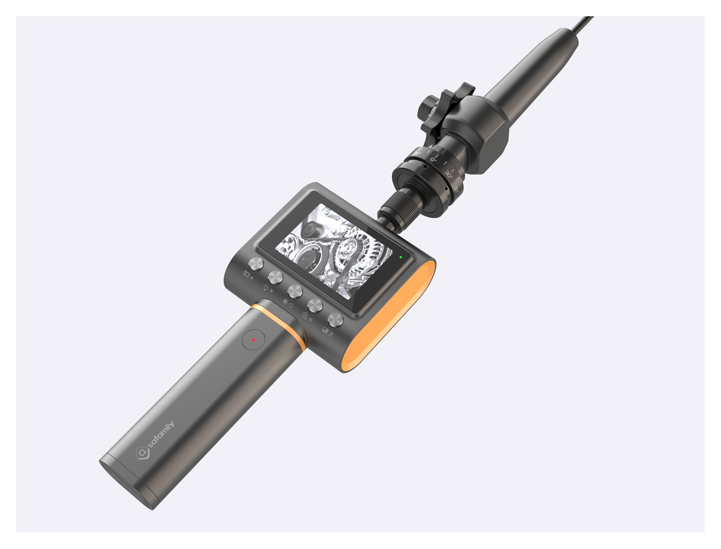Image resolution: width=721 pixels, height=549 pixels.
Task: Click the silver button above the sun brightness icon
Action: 295,291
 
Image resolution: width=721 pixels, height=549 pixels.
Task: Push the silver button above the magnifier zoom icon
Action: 315,306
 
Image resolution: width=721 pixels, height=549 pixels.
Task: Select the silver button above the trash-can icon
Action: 336,320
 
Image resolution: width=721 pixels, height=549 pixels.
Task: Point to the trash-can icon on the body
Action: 331,334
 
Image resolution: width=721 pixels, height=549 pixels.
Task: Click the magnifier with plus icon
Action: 305,315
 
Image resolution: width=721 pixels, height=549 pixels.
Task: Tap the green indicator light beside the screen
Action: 401,257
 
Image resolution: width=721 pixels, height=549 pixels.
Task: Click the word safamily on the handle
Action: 161,435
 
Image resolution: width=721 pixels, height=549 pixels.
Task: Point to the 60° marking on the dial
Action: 457,189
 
